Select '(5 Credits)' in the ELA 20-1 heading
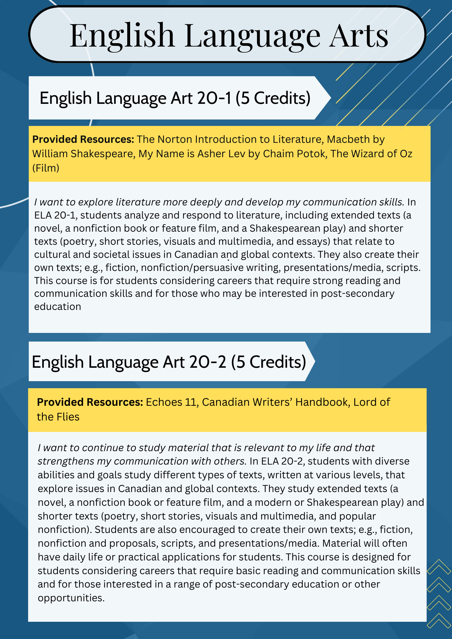pyautogui.click(x=273, y=98)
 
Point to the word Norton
pyautogui.click(x=175, y=139)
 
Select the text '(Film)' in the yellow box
pyautogui.click(x=46, y=168)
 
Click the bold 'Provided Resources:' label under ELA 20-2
pyautogui.click(x=90, y=402)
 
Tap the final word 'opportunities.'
pyautogui.click(x=71, y=598)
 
